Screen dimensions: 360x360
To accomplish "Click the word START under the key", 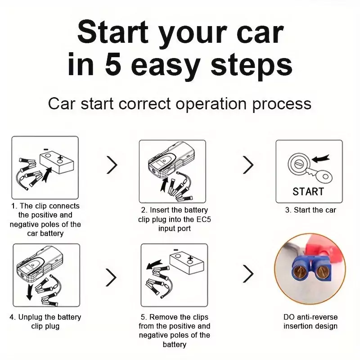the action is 308,192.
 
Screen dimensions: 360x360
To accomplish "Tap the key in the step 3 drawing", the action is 318,174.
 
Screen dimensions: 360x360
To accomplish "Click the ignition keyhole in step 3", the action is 299,164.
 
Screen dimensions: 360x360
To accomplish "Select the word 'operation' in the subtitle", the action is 211,104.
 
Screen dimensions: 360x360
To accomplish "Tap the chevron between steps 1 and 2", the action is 112,165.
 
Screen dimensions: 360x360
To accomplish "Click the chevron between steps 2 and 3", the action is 248,165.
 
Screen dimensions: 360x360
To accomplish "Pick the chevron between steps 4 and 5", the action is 111,278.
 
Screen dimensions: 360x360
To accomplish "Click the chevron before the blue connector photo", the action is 248,274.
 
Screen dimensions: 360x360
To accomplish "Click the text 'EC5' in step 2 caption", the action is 204,220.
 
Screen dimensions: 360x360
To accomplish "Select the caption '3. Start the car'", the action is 310,210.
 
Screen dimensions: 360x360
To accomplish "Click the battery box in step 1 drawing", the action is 57,162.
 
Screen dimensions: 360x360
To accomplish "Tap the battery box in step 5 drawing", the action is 187,263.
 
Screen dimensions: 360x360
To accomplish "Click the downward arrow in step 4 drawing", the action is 30,292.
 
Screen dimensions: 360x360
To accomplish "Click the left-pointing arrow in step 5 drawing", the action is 154,264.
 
